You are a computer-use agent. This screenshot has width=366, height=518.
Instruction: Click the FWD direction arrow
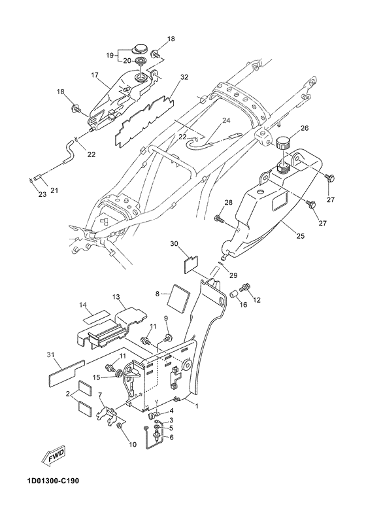click(54, 457)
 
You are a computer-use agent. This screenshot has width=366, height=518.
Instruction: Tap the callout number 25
click(301, 236)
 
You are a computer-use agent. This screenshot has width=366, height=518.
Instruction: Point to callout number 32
click(184, 77)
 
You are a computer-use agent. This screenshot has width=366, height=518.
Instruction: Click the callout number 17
click(95, 75)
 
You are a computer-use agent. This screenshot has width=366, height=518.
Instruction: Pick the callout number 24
click(225, 120)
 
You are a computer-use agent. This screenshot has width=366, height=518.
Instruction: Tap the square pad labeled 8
click(180, 296)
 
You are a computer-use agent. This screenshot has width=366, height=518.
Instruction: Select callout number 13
click(116, 296)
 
